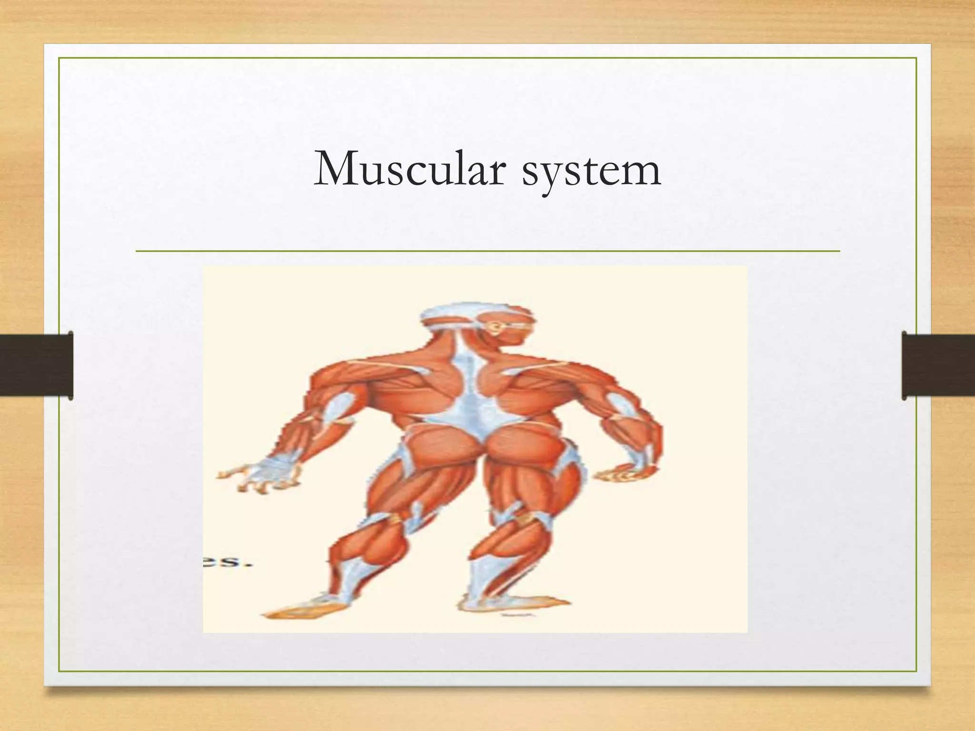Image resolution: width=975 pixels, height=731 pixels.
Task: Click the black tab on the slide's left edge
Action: tap(36, 365)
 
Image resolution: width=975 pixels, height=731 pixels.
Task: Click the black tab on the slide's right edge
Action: tap(938, 365)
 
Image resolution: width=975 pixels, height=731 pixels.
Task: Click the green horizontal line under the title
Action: tap(487, 251)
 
